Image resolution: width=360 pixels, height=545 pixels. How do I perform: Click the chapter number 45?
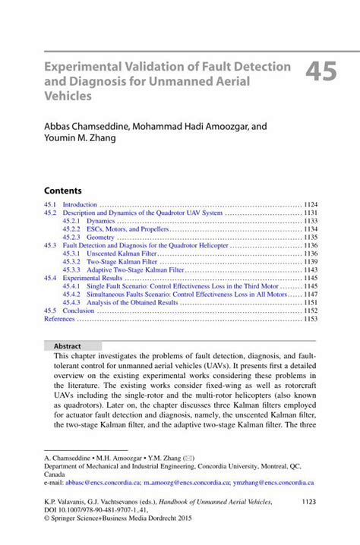(324, 73)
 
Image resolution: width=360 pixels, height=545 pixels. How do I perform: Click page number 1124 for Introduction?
(310, 205)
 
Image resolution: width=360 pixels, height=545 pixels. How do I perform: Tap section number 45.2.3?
(71, 238)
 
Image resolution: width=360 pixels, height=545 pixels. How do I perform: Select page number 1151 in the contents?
(310, 302)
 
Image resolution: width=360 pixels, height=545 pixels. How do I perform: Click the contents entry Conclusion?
(78, 310)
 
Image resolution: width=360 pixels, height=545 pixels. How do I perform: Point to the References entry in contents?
(60, 319)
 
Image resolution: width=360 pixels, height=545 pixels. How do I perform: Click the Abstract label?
(68, 346)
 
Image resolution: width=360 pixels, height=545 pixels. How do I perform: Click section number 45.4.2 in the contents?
(71, 294)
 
